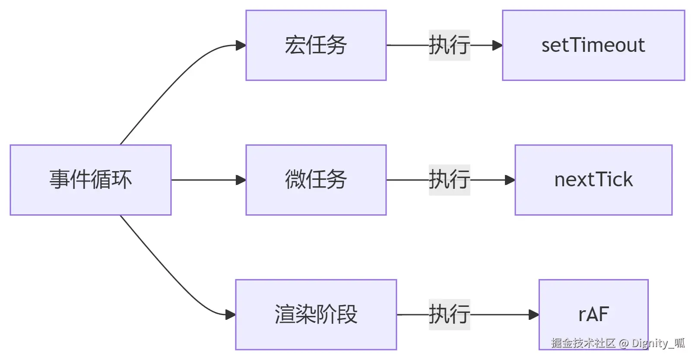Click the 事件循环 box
[x=91, y=180]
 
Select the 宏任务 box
[x=316, y=45]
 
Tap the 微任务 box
[x=316, y=180]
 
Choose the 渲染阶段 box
[x=316, y=314]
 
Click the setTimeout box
[x=593, y=45]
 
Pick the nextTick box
[x=593, y=180]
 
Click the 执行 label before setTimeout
[x=449, y=45]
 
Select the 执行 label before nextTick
[x=449, y=180]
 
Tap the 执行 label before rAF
[x=449, y=314]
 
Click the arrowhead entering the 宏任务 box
[x=241, y=45]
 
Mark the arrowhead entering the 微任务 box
[x=241, y=180]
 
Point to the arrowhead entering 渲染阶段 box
[x=231, y=314]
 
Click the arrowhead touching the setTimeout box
[x=497, y=45]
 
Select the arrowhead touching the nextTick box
[x=510, y=180]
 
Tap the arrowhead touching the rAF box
[x=534, y=314]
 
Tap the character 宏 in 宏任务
[x=295, y=45]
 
